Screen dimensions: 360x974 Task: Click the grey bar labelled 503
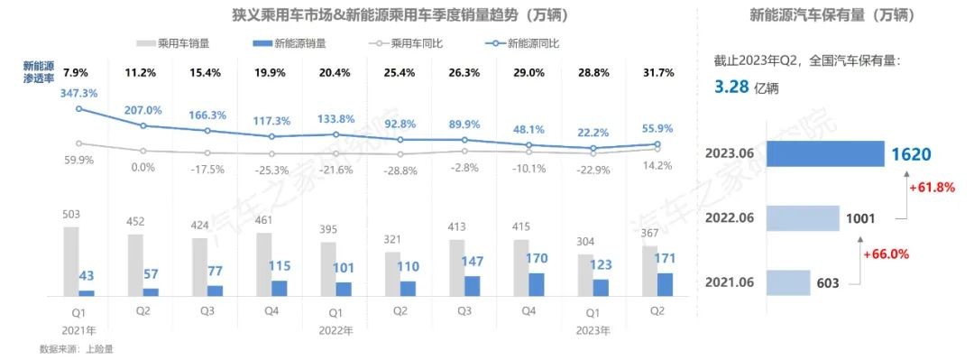coord(70,261)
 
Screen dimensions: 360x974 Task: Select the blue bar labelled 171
coord(666,284)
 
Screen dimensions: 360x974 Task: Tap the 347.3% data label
coord(79,94)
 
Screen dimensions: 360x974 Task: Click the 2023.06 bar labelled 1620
coord(822,153)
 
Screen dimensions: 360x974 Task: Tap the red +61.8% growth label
coord(931,187)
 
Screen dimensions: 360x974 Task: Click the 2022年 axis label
coord(335,329)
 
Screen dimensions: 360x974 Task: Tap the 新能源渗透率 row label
coord(41,72)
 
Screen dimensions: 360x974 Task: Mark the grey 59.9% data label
coord(79,161)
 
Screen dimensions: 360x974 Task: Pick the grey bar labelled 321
coord(392,273)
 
